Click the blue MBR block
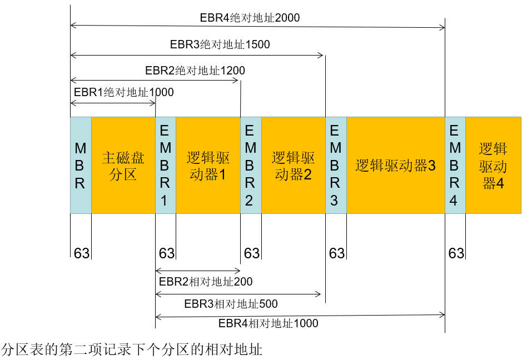(81, 165)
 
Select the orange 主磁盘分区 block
(123, 165)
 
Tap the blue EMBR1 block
(165, 165)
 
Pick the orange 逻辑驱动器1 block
(207, 165)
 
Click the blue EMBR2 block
(250, 165)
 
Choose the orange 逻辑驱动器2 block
(293, 165)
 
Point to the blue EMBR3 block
(335, 165)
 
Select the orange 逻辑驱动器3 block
(395, 165)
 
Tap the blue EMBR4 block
(455, 165)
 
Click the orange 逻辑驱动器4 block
(493, 165)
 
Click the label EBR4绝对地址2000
(250, 18)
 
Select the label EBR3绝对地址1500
(220, 44)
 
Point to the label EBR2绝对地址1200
(195, 71)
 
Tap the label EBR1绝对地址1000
(123, 92)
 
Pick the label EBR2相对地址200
(206, 282)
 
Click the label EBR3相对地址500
(231, 304)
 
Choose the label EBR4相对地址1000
(269, 323)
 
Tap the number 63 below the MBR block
(82, 253)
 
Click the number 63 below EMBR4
(456, 253)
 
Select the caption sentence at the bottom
(132, 350)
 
